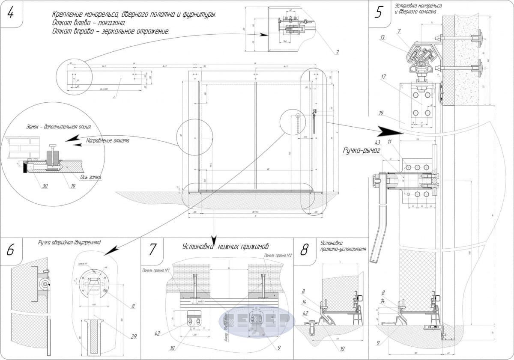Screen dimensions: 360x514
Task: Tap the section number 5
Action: (379, 12)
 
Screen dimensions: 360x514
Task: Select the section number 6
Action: (10, 250)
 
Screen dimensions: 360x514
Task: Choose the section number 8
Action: (304, 250)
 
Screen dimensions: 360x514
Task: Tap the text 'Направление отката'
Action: (108, 140)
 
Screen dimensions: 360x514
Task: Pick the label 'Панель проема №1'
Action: (156, 271)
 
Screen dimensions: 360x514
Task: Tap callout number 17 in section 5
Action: (383, 77)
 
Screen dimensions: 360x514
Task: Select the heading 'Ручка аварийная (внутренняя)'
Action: (69, 242)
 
